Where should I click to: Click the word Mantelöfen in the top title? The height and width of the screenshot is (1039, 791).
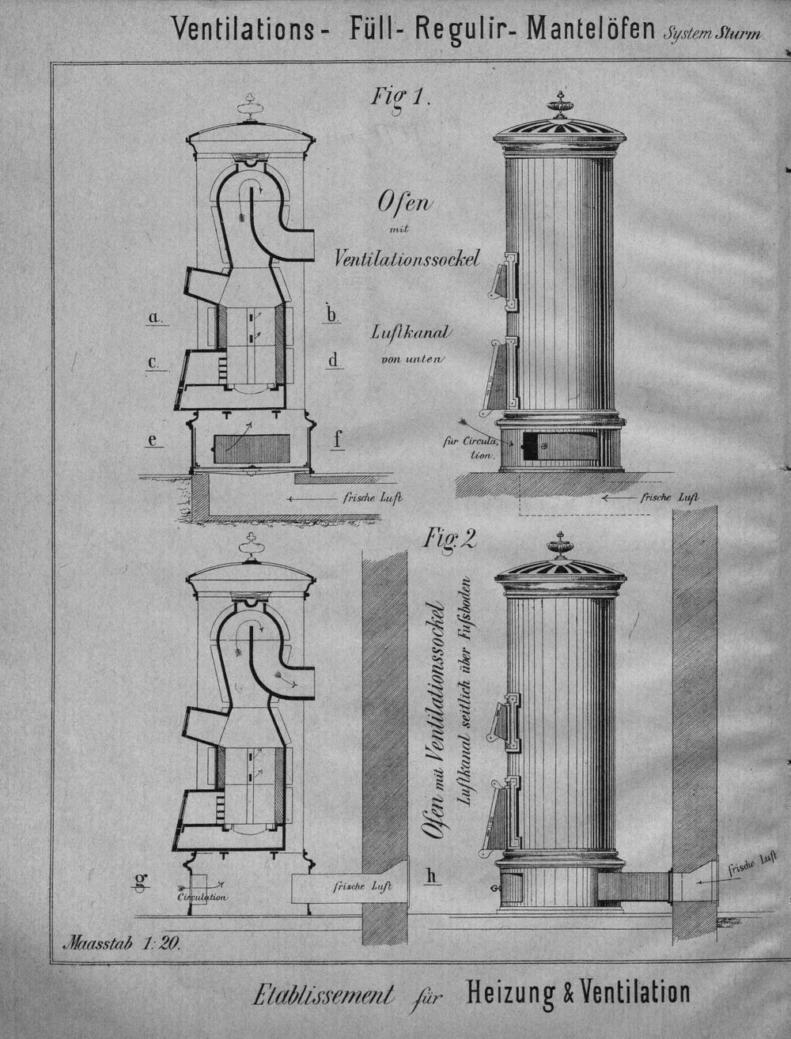[x=590, y=29]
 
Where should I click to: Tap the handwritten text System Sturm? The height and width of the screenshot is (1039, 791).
[x=713, y=34]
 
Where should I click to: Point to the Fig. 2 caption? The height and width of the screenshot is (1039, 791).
[x=449, y=538]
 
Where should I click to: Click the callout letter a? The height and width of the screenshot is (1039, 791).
[x=154, y=316]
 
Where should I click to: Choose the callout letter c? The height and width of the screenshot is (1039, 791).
[x=153, y=363]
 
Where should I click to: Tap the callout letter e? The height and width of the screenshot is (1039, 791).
[x=153, y=440]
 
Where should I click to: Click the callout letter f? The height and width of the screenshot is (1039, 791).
[x=337, y=439]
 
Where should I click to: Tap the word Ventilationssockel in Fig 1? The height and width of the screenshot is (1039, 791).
[x=407, y=259]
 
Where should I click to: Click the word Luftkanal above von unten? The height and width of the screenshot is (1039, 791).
[x=409, y=332]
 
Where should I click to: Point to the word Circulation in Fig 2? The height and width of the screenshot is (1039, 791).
[x=202, y=897]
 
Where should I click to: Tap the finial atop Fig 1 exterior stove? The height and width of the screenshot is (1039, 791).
[x=561, y=105]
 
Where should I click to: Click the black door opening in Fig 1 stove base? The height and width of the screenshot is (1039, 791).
[x=530, y=447]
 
